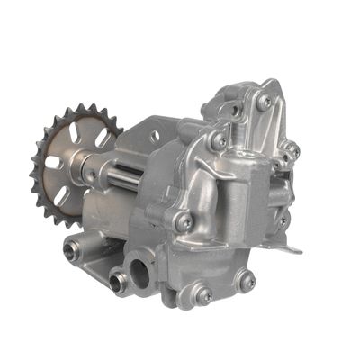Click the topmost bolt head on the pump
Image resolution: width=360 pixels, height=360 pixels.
point(264,101)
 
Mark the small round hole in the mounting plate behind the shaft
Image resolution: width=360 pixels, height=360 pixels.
point(155,137)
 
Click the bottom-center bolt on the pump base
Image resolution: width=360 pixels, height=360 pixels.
point(203,294)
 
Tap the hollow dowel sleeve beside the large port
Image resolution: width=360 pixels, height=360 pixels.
point(116,281)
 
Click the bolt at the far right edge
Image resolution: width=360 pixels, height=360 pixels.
point(290,150)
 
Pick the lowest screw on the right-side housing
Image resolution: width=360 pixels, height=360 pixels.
point(281,220)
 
